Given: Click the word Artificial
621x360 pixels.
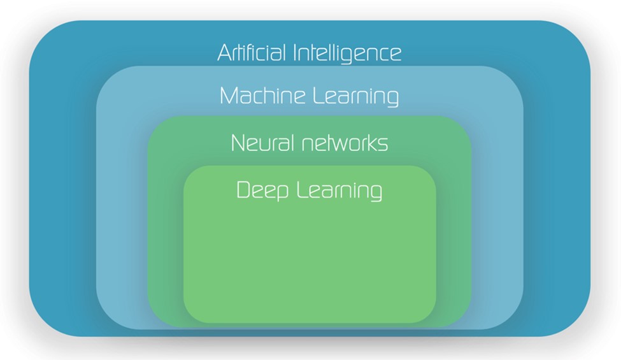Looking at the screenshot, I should pos(252,52).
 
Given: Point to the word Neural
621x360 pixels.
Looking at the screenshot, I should pos(257,143).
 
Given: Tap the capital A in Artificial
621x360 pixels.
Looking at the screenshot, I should pos(224,52).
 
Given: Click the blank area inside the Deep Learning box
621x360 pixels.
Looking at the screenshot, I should pos(310,261).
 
